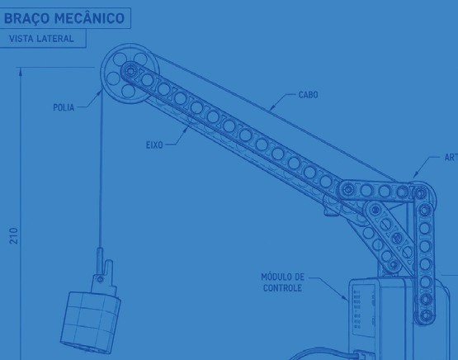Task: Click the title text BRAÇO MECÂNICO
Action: point(64,18)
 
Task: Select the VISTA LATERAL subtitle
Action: point(41,39)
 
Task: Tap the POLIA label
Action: point(64,107)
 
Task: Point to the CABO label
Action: point(308,95)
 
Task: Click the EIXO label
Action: point(154,145)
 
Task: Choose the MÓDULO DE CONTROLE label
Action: point(282,282)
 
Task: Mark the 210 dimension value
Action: point(14,236)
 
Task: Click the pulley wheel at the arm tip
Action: point(130,73)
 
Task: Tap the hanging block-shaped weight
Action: point(91,319)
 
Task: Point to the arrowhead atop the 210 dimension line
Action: point(21,72)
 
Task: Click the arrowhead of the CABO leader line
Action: point(271,108)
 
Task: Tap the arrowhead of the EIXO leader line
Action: point(186,130)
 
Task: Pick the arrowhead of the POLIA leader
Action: point(100,92)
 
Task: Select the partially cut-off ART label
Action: point(451,158)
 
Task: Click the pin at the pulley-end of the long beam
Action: point(130,71)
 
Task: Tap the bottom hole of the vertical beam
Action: point(426,315)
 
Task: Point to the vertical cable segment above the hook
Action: point(101,169)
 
